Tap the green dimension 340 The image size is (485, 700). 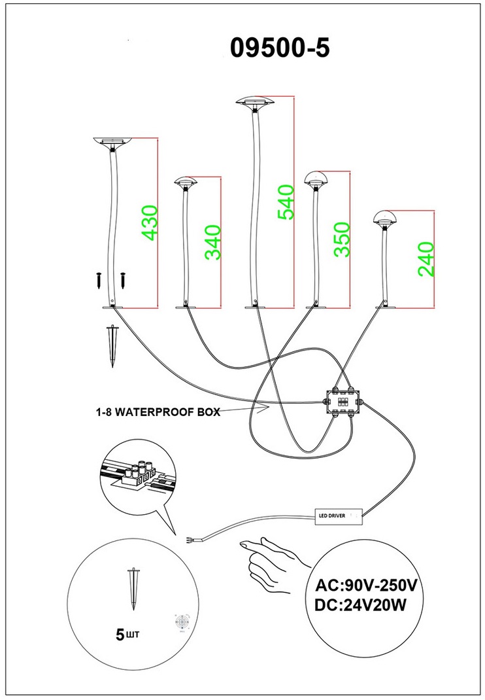pos(213,242)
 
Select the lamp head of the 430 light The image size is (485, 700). pos(115,142)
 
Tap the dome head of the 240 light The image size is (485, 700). pos(386,219)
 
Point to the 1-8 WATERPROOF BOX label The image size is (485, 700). pos(154,413)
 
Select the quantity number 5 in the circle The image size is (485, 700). pos(119,633)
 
